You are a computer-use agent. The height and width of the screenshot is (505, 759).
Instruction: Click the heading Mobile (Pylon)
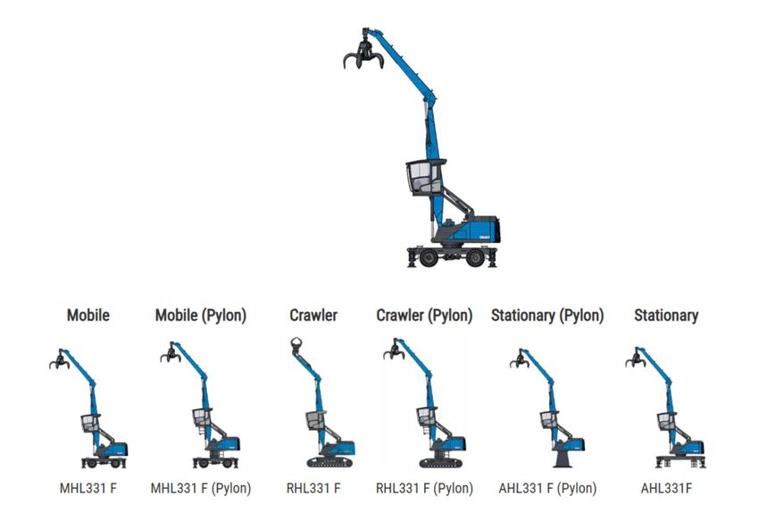point(201,316)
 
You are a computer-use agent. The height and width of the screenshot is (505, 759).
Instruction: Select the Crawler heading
point(313,316)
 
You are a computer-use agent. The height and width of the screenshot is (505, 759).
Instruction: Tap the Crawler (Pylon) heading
point(424,316)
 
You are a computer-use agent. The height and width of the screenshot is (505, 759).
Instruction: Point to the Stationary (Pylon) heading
point(547,316)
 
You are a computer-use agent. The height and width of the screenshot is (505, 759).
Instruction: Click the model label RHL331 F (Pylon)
point(424,488)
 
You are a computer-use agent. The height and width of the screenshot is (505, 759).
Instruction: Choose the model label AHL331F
point(666,488)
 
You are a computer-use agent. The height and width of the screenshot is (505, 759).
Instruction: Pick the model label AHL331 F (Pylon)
point(547,488)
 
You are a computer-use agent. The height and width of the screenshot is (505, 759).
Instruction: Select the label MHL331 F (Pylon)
point(201,488)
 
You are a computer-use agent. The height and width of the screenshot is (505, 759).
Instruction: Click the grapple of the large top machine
point(363,55)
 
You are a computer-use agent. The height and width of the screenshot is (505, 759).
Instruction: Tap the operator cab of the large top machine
point(423,176)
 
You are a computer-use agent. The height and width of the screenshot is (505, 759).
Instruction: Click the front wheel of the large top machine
point(430,257)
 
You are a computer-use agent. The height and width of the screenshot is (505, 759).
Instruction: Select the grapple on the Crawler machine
point(296,346)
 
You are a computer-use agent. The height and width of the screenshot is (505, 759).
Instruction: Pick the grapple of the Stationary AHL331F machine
point(636,360)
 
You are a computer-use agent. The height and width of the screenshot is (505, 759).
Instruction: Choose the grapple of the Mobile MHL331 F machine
point(59,361)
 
